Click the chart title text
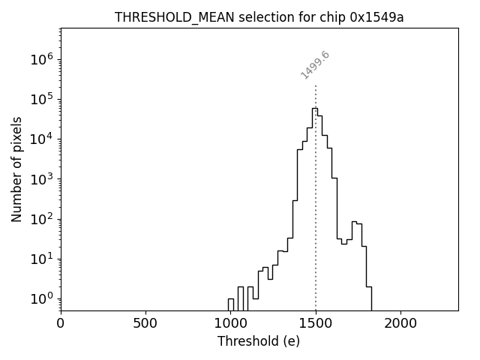coord(259,17)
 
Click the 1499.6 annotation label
coord(315,65)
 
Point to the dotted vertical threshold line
coord(316,187)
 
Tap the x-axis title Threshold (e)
coord(258,341)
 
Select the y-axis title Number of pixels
coord(16,169)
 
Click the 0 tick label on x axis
coord(61,323)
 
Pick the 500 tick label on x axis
coord(145,323)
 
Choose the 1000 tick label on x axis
coord(230,323)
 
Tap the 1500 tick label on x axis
coord(316,323)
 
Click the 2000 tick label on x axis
coord(400,323)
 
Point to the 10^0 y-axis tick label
coord(43,298)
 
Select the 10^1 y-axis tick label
coord(43,259)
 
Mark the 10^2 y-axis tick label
coord(43,219)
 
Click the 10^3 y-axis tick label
coord(43,179)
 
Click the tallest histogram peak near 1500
coord(314,109)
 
